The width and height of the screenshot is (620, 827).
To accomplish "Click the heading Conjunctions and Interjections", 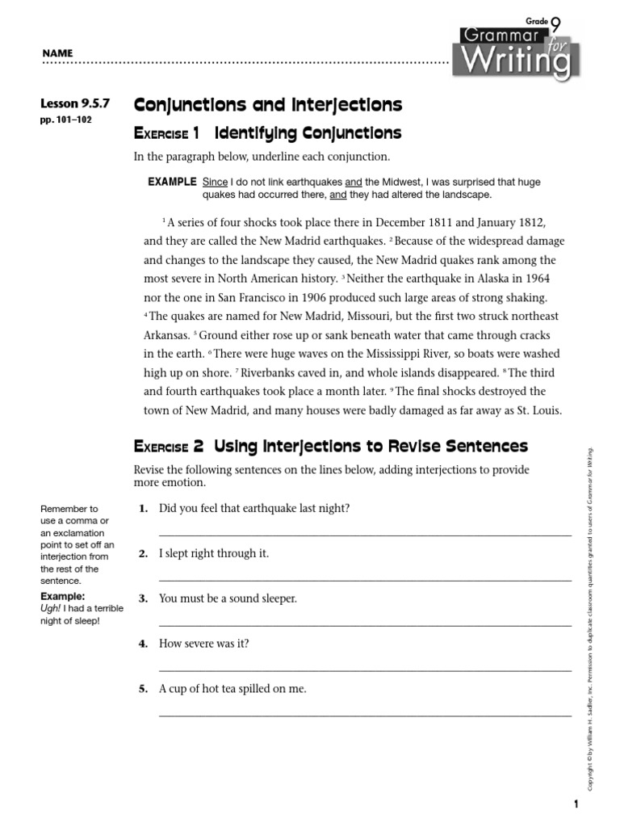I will coord(267,105).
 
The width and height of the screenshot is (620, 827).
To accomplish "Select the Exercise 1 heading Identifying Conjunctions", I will coord(267,132).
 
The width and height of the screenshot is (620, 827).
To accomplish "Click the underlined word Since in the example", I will coord(215,183).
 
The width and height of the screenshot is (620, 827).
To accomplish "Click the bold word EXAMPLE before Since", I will coord(172,183).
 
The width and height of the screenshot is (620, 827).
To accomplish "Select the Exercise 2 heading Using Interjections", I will coord(330,446).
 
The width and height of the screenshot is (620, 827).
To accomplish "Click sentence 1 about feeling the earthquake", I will coord(254,508).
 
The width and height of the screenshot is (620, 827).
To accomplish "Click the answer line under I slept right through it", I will coord(365,580).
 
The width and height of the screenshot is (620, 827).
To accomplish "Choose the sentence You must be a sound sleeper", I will coord(228,598).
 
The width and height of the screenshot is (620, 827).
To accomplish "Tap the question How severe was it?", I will coord(204,644).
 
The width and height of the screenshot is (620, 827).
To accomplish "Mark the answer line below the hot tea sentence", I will coord(365,716).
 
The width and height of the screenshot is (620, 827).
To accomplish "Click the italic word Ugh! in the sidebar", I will coord(50,608).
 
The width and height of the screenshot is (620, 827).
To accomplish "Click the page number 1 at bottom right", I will coord(576,804).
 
